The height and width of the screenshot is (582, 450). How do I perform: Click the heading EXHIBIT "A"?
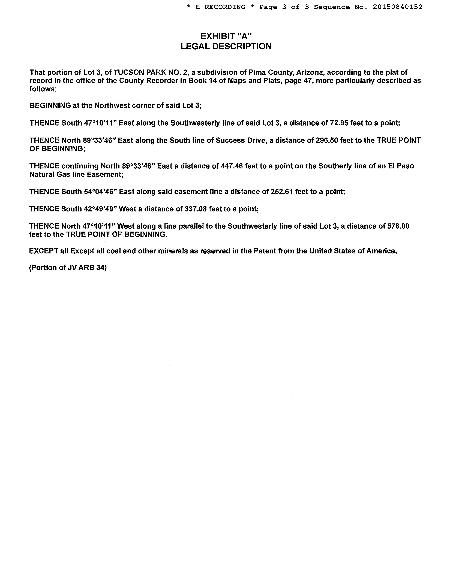click(226, 36)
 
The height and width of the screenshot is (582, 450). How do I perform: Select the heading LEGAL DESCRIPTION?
click(226, 46)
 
